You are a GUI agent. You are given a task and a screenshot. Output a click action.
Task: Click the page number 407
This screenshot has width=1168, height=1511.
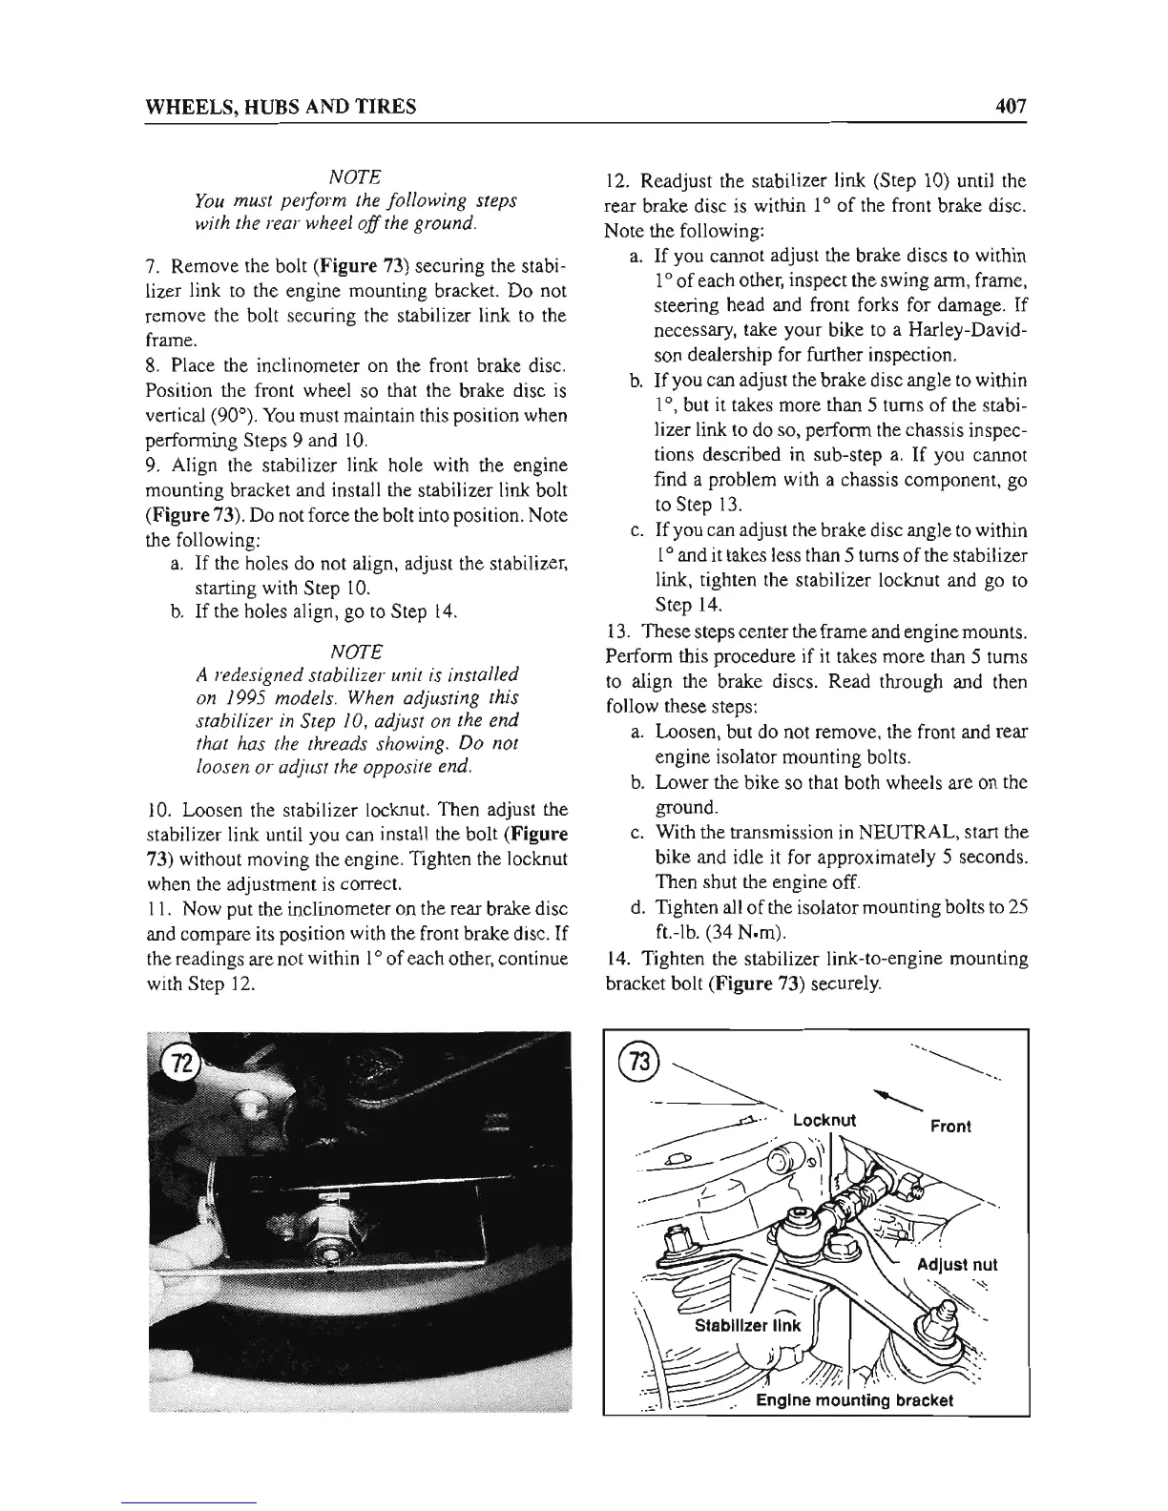(1006, 106)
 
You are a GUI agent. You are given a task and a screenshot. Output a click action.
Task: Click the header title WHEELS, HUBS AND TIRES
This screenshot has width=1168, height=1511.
(280, 107)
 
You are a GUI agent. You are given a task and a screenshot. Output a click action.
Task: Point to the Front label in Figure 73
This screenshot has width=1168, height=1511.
(950, 1126)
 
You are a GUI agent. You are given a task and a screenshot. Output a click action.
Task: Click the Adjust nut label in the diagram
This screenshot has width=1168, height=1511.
(956, 1265)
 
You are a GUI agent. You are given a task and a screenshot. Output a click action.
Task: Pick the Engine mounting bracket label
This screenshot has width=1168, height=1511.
(853, 1399)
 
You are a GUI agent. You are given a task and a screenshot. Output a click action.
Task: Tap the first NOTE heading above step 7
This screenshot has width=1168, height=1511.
(356, 177)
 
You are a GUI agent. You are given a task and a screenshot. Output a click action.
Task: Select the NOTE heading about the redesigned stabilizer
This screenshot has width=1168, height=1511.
(356, 652)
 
